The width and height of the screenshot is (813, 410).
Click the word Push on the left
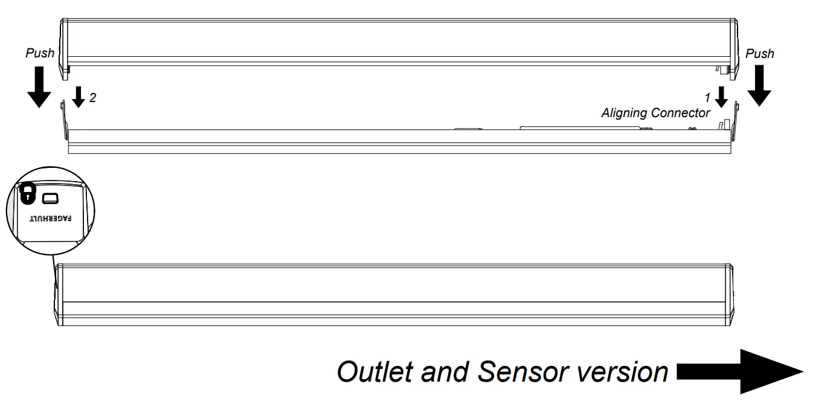click(39, 53)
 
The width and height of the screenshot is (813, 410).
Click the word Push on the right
click(759, 54)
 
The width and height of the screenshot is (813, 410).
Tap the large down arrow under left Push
click(39, 87)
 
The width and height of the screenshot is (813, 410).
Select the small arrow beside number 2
click(79, 96)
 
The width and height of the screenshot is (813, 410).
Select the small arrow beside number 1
click(720, 96)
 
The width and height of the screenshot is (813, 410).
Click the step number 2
click(92, 97)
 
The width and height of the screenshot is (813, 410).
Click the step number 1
click(707, 97)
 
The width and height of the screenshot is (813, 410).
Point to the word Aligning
click(625, 113)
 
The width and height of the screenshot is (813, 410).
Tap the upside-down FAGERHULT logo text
click(51, 217)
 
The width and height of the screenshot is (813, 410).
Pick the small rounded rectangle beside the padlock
click(50, 197)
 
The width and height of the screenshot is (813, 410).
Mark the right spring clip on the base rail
click(736, 118)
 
